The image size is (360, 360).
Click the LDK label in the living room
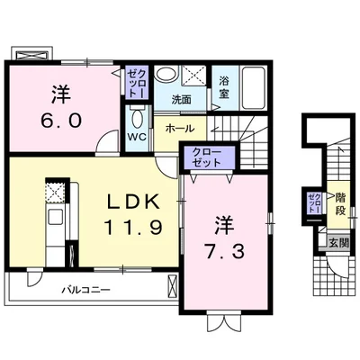133,202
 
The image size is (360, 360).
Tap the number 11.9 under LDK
133,227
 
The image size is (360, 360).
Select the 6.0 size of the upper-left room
61,121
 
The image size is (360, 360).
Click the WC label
137,137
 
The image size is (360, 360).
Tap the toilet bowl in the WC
138,119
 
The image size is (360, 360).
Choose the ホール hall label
180,129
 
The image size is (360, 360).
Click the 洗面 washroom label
182,100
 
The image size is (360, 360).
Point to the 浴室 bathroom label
224,87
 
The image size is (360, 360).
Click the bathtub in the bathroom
253,88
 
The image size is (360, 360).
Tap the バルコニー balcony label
86,290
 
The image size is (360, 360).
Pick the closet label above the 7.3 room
207,157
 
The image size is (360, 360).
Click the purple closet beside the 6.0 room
137,82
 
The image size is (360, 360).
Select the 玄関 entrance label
339,243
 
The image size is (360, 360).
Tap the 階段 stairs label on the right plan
340,204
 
